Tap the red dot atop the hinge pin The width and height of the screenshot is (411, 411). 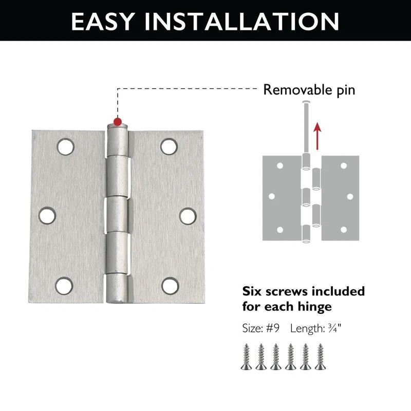(118, 122)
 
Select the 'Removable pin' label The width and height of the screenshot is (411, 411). (309, 90)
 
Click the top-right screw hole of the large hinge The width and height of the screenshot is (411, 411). (169, 146)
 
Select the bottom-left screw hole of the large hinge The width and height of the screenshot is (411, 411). (64, 286)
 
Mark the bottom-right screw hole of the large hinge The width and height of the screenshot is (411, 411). (169, 286)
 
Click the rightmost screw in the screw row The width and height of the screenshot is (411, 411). (321, 355)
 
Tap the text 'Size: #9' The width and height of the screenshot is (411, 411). (260, 328)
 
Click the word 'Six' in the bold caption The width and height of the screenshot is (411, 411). (253, 291)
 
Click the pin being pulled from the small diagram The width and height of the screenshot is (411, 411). (306, 128)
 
